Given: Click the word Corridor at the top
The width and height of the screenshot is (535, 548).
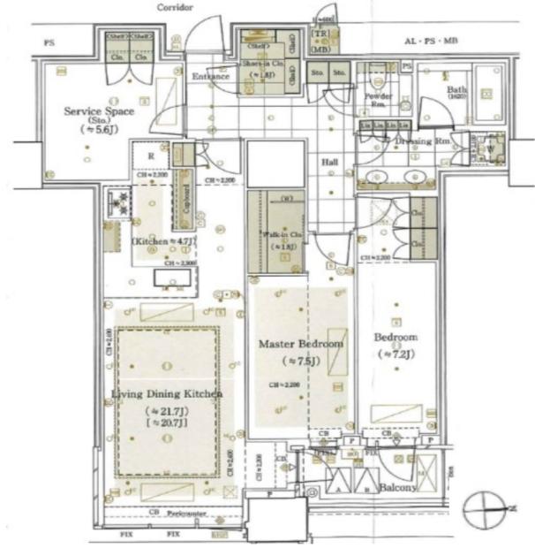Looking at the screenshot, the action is point(176,7).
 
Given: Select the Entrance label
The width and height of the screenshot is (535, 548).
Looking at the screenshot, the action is point(211,77).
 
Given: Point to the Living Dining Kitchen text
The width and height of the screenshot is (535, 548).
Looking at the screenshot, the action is point(167,393).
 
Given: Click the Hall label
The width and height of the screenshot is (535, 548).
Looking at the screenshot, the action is point(330,162).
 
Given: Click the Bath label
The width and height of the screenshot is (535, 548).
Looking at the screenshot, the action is point(456,91).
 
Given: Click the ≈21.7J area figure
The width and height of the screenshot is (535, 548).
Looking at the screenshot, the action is point(167,411).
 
